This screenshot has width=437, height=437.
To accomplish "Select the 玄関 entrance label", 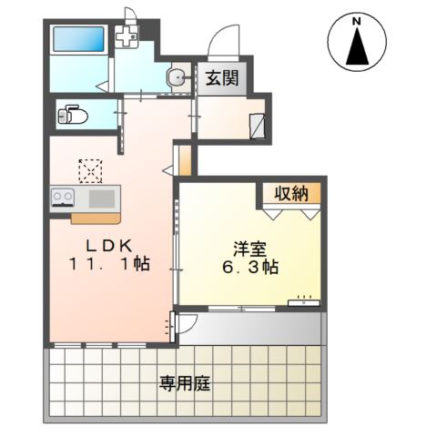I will (221, 78).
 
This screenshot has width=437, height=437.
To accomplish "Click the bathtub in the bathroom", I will (80, 41).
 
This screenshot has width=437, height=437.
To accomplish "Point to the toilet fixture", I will (71, 116).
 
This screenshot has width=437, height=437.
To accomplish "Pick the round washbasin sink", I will (177, 79).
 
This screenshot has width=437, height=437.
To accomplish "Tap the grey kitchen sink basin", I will (100, 198).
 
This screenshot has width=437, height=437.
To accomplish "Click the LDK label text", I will (110, 245).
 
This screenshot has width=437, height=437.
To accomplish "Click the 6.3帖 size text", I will (249, 269).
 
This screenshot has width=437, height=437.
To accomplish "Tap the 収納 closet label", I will (291, 192).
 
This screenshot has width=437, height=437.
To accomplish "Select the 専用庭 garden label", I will (186, 384).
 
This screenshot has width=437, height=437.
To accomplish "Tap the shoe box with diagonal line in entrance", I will (259, 125).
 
